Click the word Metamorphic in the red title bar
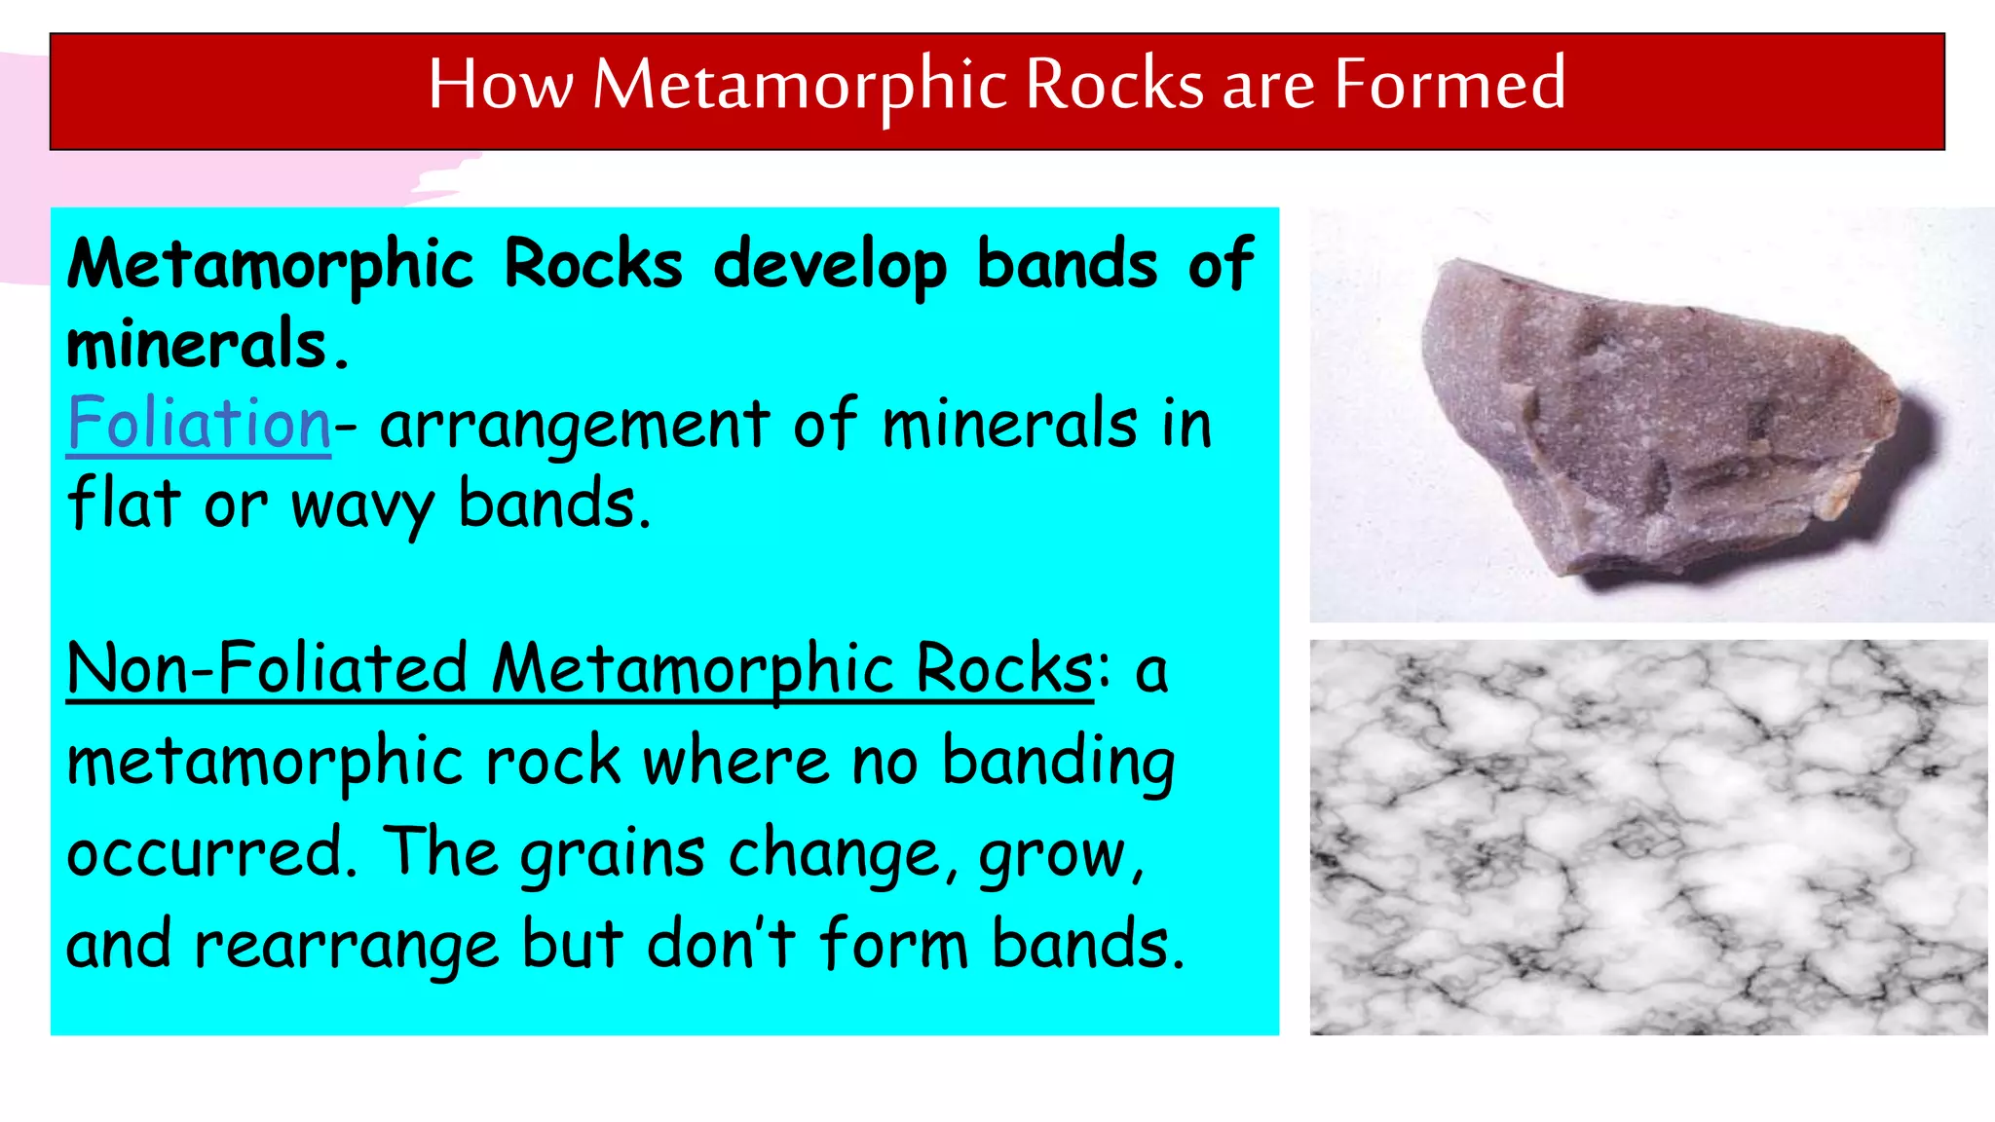tap(800, 85)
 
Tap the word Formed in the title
tap(1449, 85)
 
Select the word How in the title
tap(500, 85)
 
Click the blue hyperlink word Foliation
tap(200, 424)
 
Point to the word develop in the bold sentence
tap(830, 265)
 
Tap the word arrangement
tap(575, 426)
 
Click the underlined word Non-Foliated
tap(267, 669)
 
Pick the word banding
tap(1058, 763)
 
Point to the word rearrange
tap(346, 945)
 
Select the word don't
tap(720, 944)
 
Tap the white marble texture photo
tap(1648, 838)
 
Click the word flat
tap(124, 505)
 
